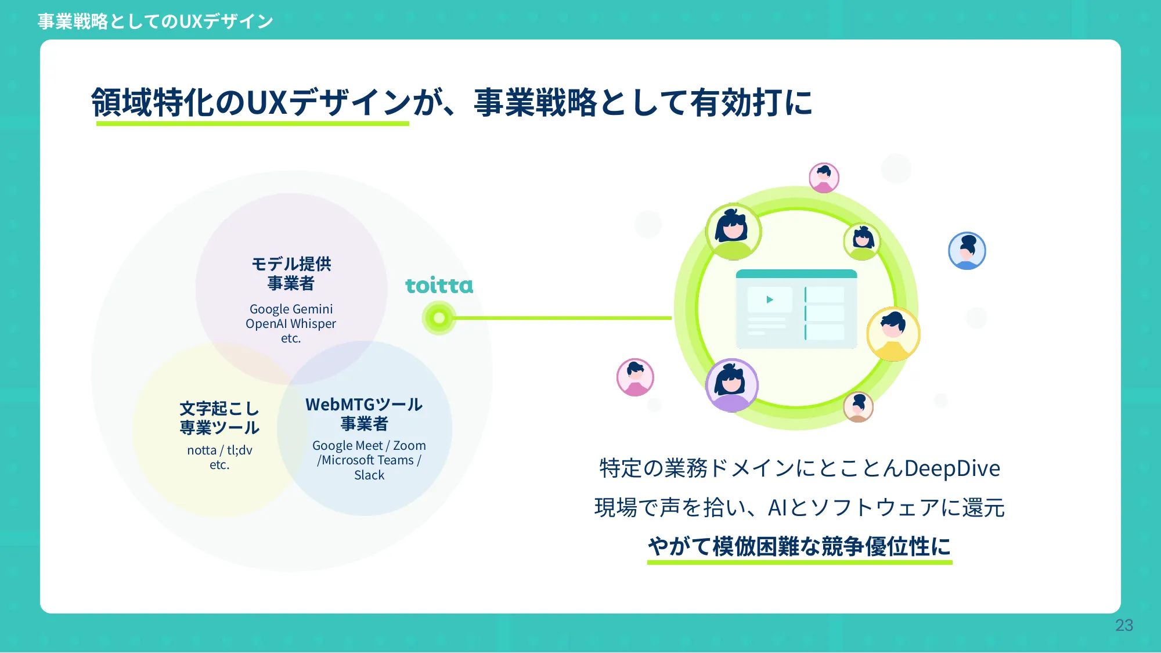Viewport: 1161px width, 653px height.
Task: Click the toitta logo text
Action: coord(439,286)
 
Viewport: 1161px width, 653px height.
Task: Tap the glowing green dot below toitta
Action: coord(439,318)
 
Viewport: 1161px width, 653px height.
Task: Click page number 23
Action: coord(1124,625)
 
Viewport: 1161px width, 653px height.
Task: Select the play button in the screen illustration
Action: coord(770,300)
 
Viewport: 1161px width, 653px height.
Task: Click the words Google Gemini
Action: coord(291,309)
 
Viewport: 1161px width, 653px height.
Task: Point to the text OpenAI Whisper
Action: coord(291,323)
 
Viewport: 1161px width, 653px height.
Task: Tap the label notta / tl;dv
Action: coord(219,450)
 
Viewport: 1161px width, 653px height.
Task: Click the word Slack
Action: coord(369,475)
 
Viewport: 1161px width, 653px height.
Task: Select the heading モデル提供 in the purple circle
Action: coord(291,264)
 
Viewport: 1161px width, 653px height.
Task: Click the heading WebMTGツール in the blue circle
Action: coord(364,405)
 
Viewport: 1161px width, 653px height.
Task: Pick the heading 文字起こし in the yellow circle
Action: coord(219,408)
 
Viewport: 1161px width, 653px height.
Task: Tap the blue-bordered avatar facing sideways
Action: coord(967,251)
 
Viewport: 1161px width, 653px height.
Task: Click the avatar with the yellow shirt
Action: coord(893,334)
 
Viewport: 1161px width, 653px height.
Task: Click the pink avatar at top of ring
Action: coord(824,178)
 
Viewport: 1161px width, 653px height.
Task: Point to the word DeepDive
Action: coord(952,468)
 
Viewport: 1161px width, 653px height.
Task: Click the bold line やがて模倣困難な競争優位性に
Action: coord(799,546)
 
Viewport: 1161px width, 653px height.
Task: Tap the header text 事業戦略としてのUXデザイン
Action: coord(155,21)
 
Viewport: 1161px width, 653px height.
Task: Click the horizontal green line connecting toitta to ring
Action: coord(563,318)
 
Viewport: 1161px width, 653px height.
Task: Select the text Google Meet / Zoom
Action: coord(369,445)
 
